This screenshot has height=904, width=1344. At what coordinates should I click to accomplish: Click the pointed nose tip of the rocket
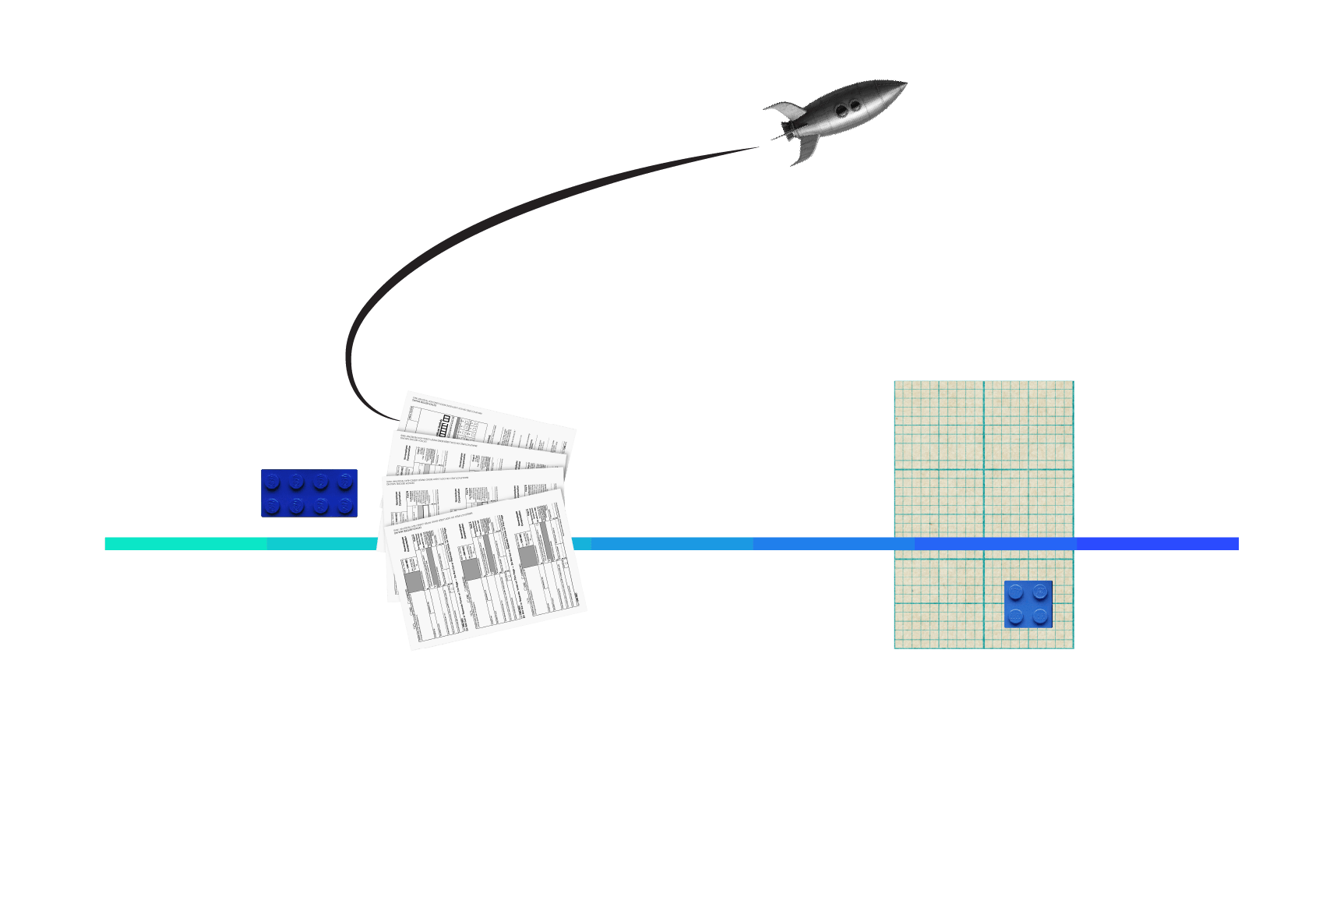905,82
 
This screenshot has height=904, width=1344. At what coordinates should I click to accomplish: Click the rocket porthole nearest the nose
855,104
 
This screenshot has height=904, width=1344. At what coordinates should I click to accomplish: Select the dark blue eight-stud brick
309,493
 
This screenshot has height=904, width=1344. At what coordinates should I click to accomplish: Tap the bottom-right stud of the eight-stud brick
345,506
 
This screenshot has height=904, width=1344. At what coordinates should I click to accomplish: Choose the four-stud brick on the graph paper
1028,604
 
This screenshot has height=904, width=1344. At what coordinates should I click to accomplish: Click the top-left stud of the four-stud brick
1015,592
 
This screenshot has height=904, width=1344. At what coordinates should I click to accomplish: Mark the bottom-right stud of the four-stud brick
1040,616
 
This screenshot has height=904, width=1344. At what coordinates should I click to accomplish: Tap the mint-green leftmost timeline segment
185,543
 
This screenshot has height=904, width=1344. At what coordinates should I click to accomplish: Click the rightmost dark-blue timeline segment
1157,543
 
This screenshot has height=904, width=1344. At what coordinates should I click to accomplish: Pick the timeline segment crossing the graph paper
994,543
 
